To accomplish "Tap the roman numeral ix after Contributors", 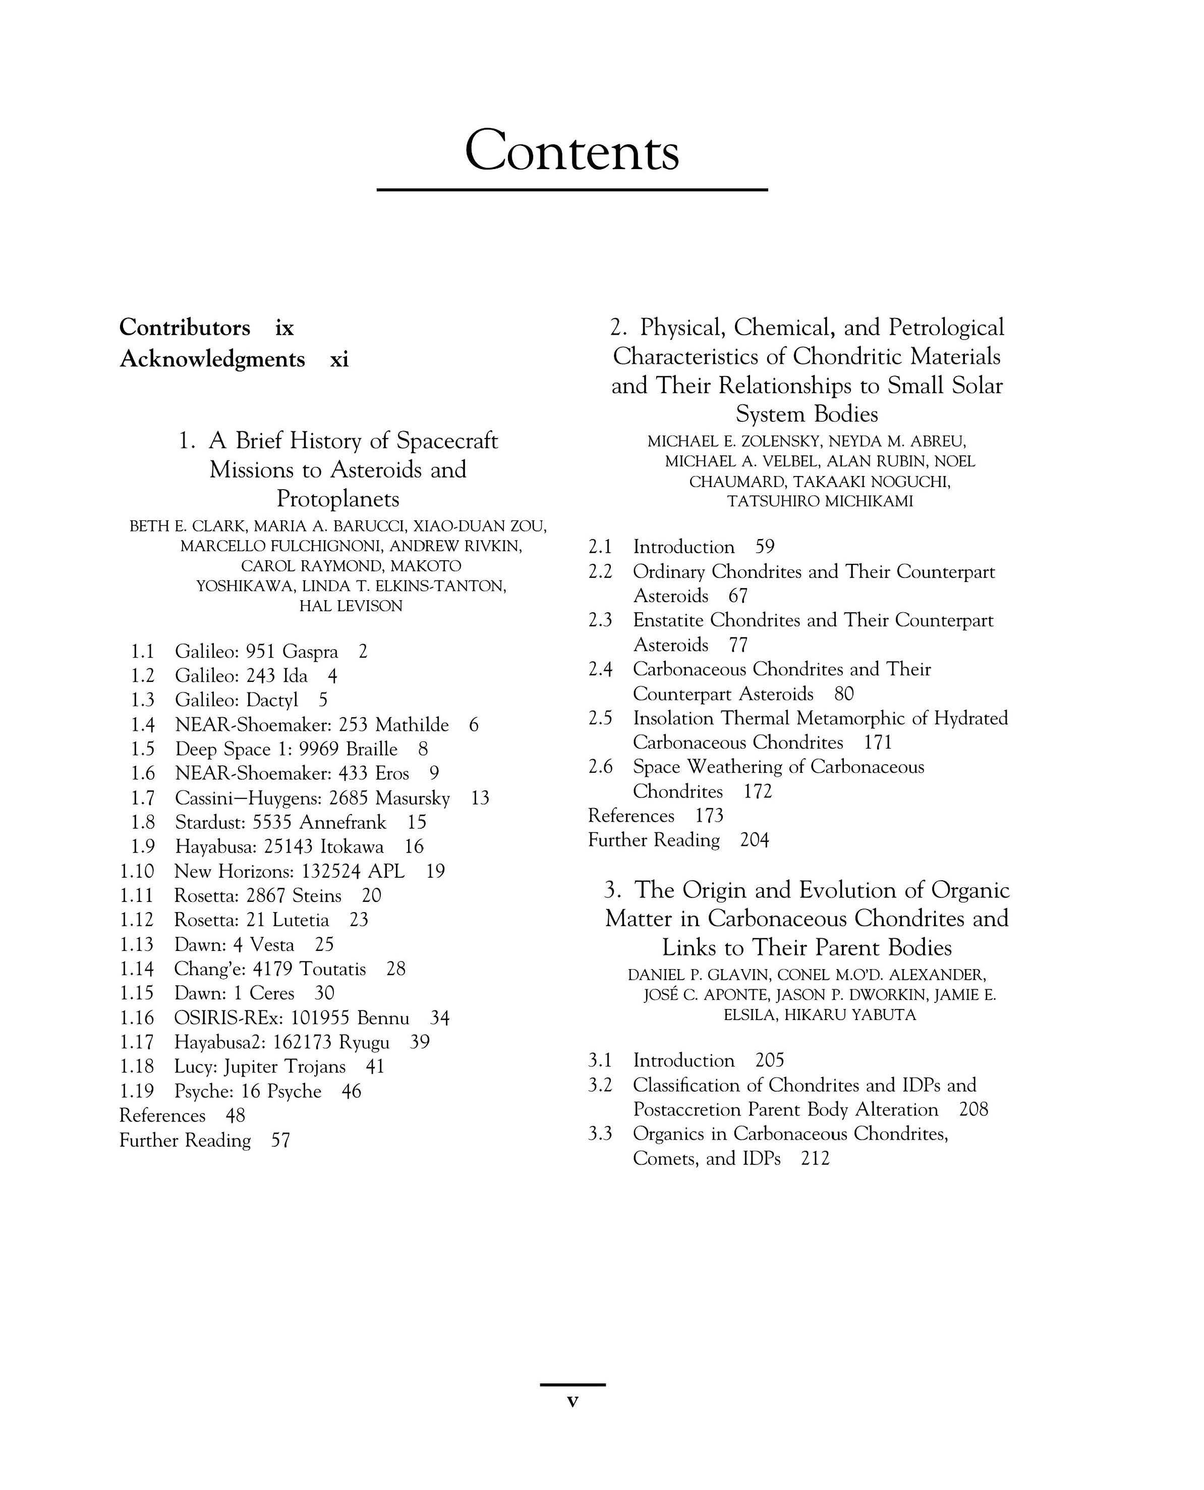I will pos(284,328).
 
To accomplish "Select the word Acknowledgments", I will pos(212,359).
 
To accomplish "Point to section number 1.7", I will pos(143,798).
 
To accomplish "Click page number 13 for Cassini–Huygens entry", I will pos(480,798).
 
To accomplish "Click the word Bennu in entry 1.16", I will pos(383,1018).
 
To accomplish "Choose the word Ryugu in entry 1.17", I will pos(364,1042).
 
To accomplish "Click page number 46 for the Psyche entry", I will pos(352,1092).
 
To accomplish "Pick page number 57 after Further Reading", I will pos(281,1140).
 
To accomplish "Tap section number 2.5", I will pos(601,718).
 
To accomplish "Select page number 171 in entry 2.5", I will pos(878,742).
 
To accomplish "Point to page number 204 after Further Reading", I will pos(755,840).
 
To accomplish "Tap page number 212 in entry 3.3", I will pos(815,1158).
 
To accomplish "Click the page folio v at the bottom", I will pos(572,1401).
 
